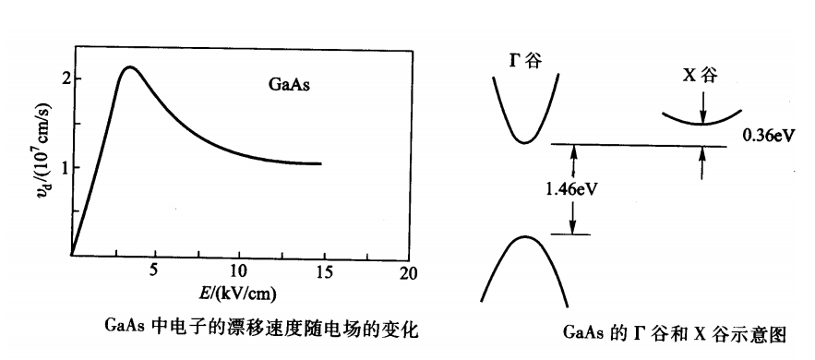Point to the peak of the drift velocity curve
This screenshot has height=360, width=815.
click(x=131, y=67)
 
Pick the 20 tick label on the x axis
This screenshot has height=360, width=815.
click(x=409, y=272)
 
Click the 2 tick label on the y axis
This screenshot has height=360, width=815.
click(x=64, y=78)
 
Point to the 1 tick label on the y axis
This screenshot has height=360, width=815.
click(x=64, y=167)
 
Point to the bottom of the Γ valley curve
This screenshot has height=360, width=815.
click(x=524, y=143)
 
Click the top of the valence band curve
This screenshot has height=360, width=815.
click(x=523, y=237)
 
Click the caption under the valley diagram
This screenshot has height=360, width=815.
click(x=677, y=331)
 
